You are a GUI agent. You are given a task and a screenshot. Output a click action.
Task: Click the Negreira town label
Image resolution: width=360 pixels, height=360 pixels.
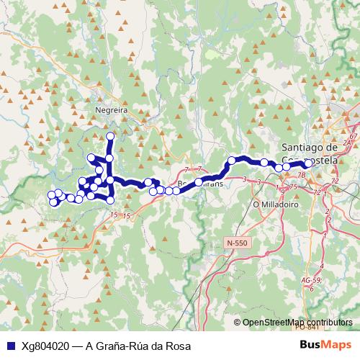pos(111,110)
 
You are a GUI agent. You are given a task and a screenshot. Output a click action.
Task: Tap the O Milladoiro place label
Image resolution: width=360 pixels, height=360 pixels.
pos(271,204)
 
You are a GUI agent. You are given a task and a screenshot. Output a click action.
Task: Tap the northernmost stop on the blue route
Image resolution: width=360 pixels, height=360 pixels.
pos(110,136)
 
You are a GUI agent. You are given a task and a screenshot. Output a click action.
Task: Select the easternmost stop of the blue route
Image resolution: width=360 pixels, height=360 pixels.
pos(308,163)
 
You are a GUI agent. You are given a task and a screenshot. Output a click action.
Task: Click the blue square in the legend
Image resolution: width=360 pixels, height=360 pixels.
pos(11,346)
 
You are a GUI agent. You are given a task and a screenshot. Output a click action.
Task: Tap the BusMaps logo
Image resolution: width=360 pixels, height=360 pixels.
pos(326,345)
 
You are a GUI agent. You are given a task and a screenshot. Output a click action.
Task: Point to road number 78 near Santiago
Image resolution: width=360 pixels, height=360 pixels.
pos(301,175)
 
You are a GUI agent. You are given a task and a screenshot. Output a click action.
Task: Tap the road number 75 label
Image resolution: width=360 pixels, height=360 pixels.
pos(293,186)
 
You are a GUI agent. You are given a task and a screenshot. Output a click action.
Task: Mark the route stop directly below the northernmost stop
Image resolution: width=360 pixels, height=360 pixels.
pos(110,158)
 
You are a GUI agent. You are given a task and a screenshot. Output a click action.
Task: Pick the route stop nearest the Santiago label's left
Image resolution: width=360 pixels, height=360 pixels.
pos(264,162)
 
